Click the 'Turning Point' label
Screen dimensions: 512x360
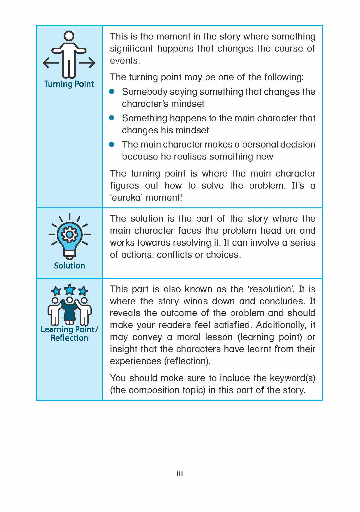tap(69, 84)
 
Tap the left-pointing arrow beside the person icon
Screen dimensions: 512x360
tap(51, 63)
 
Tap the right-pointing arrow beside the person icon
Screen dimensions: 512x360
tap(87, 63)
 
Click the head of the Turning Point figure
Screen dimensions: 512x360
tap(69, 36)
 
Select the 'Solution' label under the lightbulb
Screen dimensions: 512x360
tap(69, 265)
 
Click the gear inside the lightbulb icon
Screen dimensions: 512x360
tap(70, 234)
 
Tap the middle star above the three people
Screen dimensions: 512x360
tap(70, 289)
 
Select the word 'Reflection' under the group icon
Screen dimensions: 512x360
tap(69, 338)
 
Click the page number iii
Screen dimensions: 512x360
tap(180, 474)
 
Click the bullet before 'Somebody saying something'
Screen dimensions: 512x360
tap(112, 91)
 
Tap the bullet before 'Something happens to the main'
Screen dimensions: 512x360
tap(112, 118)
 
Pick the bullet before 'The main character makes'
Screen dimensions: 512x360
tap(112, 144)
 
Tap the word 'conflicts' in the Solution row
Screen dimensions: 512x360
tap(174, 255)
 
